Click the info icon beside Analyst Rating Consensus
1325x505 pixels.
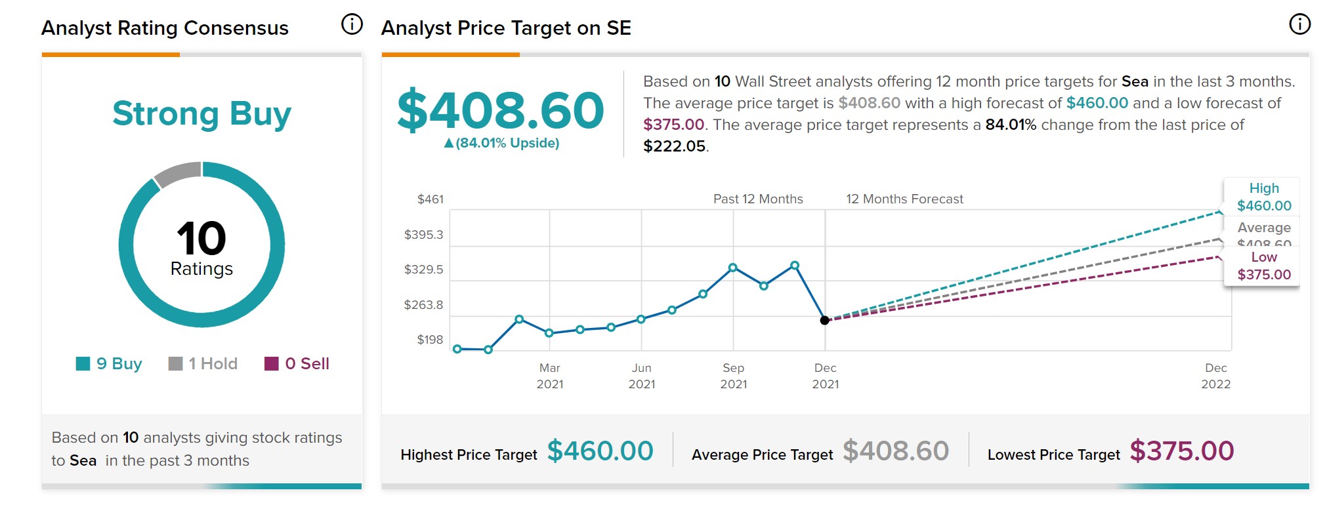tap(352, 25)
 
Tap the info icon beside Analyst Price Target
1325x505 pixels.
tap(1299, 25)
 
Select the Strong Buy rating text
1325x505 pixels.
tap(201, 113)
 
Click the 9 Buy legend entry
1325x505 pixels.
tap(109, 364)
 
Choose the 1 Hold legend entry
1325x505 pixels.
tap(203, 364)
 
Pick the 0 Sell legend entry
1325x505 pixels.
tap(297, 364)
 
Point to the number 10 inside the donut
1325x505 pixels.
tap(201, 238)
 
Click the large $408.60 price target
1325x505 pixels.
tap(500, 110)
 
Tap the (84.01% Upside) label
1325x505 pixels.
tap(502, 143)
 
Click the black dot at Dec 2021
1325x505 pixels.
tap(825, 320)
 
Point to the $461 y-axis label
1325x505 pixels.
tap(431, 199)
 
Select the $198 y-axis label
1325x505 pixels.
tap(431, 340)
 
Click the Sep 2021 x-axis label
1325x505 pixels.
tap(734, 376)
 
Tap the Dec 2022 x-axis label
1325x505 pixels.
tap(1215, 376)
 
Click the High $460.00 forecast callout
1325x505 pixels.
tap(1263, 197)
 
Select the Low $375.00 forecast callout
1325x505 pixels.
tap(1263, 266)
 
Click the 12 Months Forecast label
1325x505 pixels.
tap(904, 199)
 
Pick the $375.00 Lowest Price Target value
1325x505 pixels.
tap(1181, 451)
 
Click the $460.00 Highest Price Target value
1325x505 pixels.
tap(600, 451)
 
